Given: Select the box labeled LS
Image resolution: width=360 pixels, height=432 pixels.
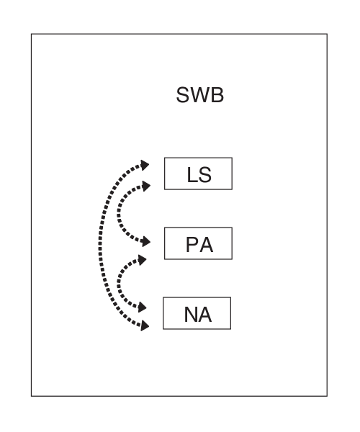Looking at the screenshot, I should pos(198,174).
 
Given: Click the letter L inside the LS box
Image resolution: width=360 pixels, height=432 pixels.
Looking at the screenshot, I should pos(191,174).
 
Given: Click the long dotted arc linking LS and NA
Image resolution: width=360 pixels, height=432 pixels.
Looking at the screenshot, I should pos(100,245).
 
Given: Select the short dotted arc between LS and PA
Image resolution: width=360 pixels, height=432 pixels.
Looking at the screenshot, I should pos(120,213).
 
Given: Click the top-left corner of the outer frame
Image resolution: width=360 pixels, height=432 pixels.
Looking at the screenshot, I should pos(31,33).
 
